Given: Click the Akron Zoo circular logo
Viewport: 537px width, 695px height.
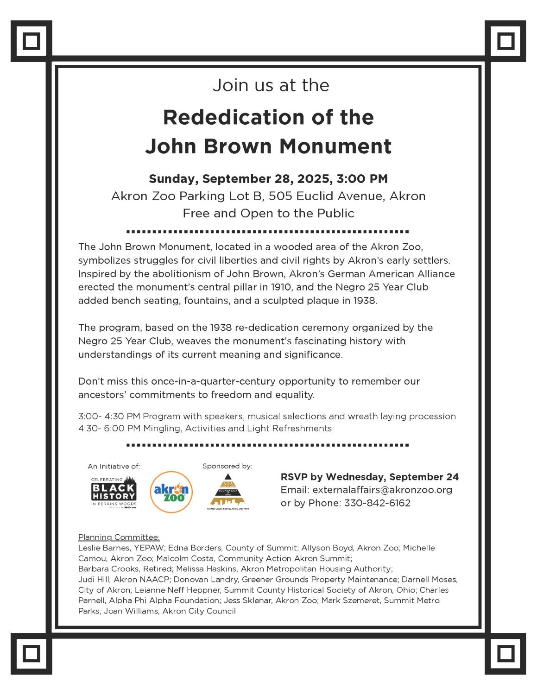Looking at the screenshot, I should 171,492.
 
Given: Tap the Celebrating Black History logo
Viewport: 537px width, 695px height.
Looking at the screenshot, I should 114,492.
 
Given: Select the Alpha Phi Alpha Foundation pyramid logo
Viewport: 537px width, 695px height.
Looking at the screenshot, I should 227,492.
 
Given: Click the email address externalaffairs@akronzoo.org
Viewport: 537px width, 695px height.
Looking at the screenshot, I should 382,490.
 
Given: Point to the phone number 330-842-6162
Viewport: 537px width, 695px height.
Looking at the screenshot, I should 377,503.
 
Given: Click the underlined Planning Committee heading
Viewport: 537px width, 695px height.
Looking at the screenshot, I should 119,537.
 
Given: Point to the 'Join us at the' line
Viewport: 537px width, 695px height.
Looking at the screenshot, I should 271,85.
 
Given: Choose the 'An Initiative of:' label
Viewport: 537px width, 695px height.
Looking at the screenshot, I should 114,466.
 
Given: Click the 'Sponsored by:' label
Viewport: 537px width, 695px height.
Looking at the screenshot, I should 227,466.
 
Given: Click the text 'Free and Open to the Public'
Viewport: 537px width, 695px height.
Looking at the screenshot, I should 268,213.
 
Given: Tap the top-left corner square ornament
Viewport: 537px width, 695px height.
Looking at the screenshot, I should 31,41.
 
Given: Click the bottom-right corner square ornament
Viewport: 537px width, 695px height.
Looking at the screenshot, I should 505,654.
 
